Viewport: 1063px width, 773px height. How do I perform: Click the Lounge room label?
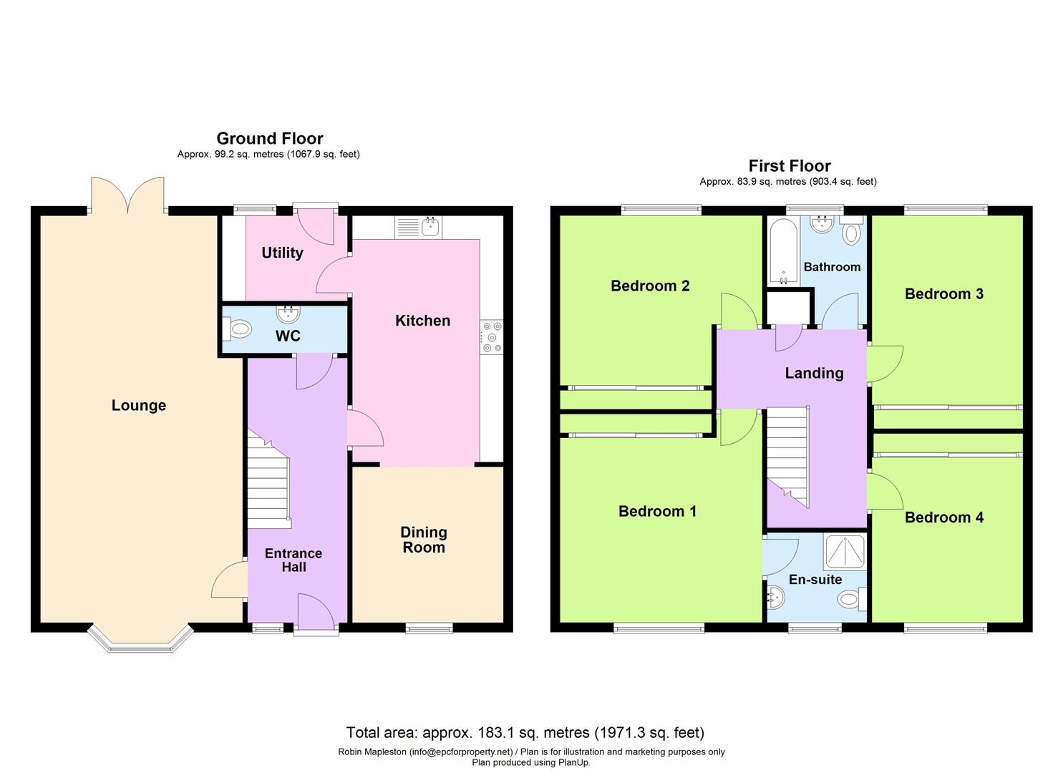139,405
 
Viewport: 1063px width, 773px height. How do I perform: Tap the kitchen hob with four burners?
492,336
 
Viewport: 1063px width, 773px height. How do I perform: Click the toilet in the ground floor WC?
238,330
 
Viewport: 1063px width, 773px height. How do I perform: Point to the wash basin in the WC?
288,313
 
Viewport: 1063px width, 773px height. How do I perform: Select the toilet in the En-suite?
851,598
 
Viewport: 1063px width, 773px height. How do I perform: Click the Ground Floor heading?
269,138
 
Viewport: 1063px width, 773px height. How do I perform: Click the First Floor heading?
789,166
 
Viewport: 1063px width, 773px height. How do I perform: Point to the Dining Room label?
424,540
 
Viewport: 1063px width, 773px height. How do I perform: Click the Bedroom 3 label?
943,293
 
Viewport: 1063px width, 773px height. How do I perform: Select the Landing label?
814,373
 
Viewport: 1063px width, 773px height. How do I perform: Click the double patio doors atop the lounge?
128,195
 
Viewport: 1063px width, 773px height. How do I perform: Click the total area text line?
525,732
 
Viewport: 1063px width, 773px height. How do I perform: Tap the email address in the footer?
460,752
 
